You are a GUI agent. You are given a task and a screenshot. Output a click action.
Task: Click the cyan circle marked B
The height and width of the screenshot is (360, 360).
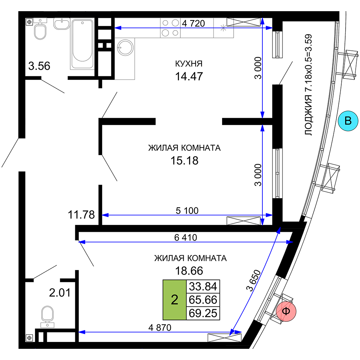click(x=348, y=121)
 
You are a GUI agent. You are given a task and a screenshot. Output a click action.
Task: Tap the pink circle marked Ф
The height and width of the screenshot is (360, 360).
click(x=286, y=311)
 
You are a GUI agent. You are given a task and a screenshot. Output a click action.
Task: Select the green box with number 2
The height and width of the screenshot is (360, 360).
click(x=175, y=300)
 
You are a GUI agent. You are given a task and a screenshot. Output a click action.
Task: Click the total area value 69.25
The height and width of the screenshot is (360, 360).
click(x=203, y=313)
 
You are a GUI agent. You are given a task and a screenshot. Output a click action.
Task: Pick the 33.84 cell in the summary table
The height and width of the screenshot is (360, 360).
click(x=203, y=287)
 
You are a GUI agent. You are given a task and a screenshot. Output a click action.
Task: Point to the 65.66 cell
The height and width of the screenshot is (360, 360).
click(x=203, y=300)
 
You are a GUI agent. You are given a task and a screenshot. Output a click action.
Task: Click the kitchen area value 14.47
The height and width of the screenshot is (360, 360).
click(x=189, y=76)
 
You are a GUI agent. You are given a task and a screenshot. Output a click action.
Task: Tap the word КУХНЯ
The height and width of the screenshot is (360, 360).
click(x=189, y=64)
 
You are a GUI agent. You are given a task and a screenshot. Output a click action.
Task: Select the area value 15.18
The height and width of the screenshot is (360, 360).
click(x=184, y=161)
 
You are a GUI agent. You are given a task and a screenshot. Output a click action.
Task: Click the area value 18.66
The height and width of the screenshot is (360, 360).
click(x=189, y=271)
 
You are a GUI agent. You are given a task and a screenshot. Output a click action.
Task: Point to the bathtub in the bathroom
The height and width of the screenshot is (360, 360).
click(x=82, y=44)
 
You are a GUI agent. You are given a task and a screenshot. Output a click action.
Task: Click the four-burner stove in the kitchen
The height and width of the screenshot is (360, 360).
click(x=170, y=28)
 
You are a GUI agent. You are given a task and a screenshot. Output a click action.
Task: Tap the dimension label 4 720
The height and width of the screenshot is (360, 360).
click(x=193, y=23)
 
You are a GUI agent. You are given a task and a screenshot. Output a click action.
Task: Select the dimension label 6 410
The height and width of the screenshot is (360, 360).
click(x=185, y=237)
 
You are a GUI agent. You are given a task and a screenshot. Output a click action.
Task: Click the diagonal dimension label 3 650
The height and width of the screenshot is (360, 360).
click(x=253, y=280)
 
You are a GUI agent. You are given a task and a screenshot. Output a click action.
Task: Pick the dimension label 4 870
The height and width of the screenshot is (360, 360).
click(x=160, y=328)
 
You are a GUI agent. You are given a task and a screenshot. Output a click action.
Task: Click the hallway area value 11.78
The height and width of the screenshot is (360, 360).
click(x=81, y=215)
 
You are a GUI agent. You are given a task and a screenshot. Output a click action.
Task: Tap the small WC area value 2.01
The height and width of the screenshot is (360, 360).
click(x=60, y=293)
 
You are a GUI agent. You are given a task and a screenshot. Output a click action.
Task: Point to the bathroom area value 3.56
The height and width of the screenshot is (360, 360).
click(x=39, y=66)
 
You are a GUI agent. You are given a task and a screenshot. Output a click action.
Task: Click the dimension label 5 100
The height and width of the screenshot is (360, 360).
click(x=187, y=211)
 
